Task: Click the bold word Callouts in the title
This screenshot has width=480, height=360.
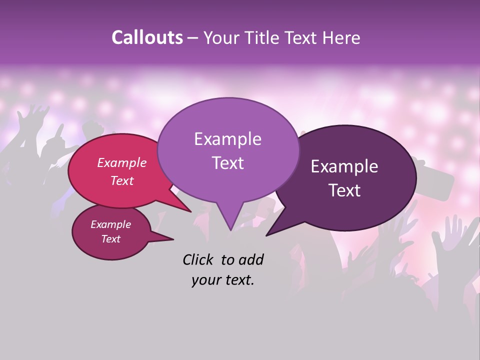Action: pyautogui.click(x=147, y=37)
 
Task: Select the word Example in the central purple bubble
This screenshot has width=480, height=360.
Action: pyautogui.click(x=227, y=139)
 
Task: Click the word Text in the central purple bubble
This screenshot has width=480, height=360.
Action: pyautogui.click(x=227, y=163)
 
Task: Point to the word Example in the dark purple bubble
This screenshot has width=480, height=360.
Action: pyautogui.click(x=344, y=166)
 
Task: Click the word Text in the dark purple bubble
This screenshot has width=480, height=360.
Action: pyautogui.click(x=344, y=190)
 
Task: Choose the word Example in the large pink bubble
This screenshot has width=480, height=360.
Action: pyautogui.click(x=122, y=162)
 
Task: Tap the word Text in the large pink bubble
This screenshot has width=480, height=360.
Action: pyautogui.click(x=122, y=180)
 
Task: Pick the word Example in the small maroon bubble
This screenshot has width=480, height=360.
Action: pyautogui.click(x=110, y=224)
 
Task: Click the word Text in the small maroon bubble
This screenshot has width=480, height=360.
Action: pyautogui.click(x=110, y=239)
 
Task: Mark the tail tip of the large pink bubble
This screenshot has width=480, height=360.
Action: pyautogui.click(x=190, y=211)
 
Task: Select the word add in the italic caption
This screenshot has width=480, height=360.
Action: pyautogui.click(x=251, y=259)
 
